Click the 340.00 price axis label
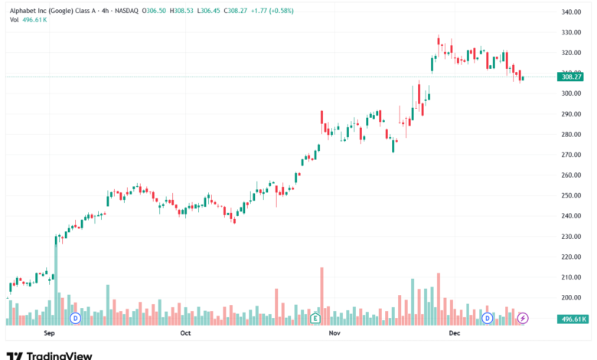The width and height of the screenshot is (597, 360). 573,12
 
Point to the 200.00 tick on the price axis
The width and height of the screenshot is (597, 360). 573,297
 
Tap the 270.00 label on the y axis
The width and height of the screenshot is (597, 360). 573,155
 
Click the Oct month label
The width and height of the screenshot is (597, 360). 185,333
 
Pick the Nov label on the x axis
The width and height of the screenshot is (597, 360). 334,333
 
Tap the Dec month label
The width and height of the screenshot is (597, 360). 454,333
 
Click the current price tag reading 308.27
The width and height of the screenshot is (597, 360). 573,77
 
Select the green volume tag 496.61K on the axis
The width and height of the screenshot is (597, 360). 573,319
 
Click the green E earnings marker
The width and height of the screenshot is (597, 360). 315,317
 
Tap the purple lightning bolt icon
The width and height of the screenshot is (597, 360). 524,317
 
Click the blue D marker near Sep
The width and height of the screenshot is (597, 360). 75,317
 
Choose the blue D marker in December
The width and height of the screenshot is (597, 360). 487,317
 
